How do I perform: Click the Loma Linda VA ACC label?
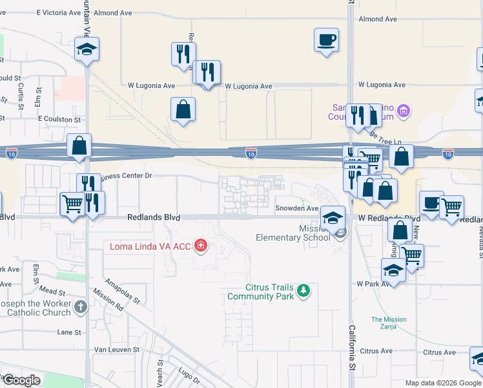150,246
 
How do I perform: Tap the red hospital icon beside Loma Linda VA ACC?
201,246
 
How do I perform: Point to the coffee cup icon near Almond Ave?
326,39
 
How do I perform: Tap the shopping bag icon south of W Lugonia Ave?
183,109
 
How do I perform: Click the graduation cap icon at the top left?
87,50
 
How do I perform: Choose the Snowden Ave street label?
297,208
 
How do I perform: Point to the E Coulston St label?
59,120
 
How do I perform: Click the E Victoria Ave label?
57,12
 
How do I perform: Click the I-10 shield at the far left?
12,153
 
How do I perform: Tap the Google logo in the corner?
21,380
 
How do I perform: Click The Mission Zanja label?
389,323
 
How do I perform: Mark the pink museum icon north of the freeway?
404,112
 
